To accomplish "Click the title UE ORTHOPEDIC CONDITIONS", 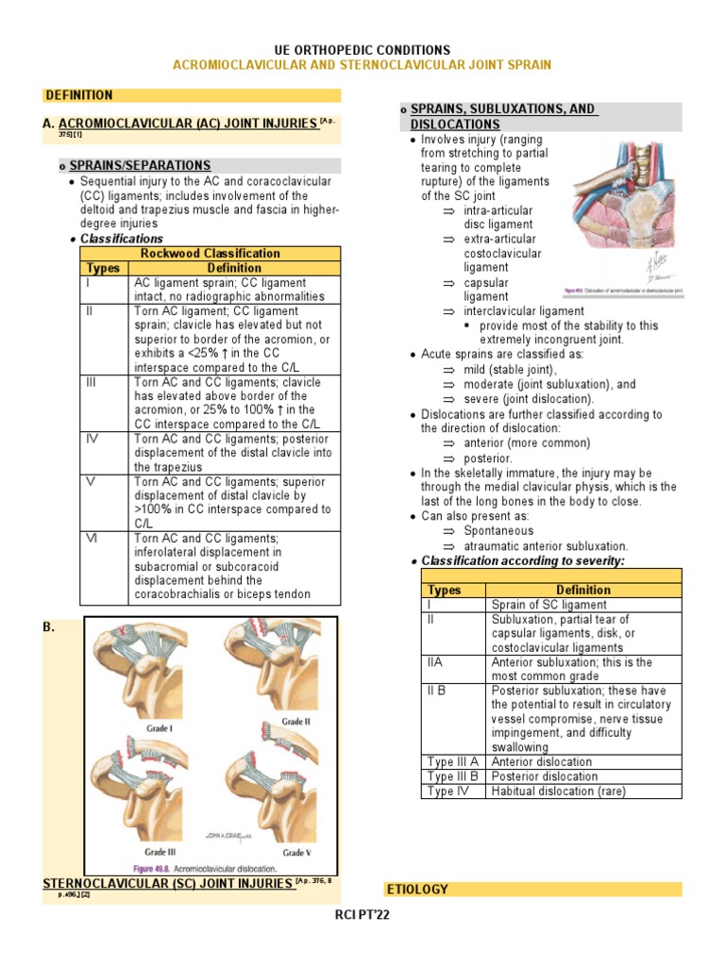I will (x=362, y=49).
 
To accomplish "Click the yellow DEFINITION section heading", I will (x=79, y=95).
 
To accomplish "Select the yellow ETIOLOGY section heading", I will (x=417, y=889).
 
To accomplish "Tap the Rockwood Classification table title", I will (x=210, y=253).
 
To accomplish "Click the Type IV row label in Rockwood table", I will (x=92, y=439).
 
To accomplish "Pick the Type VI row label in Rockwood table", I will (x=92, y=539).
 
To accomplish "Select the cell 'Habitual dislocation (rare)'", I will (x=558, y=791).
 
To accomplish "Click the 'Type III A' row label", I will (x=453, y=761).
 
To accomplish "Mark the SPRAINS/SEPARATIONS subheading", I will (x=140, y=165).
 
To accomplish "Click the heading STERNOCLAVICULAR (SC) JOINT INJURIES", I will (x=168, y=883).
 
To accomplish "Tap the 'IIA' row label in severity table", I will (x=434, y=662).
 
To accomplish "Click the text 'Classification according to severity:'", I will (x=523, y=560).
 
